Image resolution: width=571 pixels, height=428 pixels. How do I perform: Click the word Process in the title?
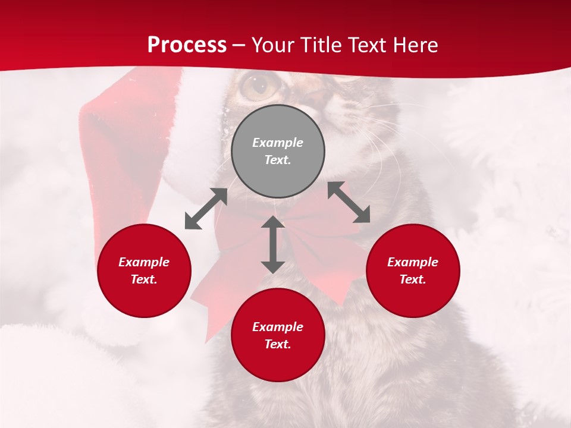[187, 45]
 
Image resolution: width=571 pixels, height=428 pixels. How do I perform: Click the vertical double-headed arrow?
[273, 244]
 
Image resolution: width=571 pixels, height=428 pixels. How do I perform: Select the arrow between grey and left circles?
[206, 209]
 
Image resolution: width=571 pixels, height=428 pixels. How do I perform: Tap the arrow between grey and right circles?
[349, 202]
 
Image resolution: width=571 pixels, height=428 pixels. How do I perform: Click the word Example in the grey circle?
[278, 143]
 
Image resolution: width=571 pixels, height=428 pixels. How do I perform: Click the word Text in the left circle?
[144, 279]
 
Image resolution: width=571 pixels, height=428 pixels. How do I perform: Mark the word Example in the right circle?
[413, 262]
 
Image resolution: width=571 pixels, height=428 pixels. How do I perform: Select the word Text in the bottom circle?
[277, 344]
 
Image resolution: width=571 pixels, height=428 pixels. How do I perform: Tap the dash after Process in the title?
[239, 46]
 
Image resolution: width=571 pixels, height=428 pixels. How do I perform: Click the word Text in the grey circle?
[277, 160]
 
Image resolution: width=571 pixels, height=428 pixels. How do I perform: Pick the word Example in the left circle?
[144, 262]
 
